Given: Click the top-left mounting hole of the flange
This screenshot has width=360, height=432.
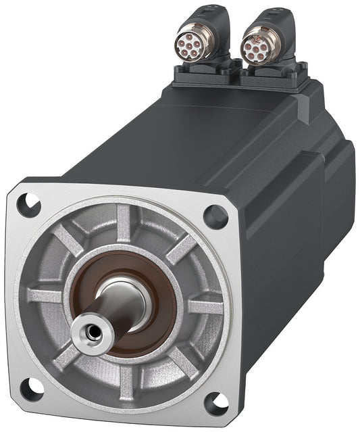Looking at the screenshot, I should tap(28, 204).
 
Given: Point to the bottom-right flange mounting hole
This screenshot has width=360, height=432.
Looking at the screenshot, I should tap(215, 401).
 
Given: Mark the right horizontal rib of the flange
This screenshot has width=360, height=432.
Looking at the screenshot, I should tap(206, 306).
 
